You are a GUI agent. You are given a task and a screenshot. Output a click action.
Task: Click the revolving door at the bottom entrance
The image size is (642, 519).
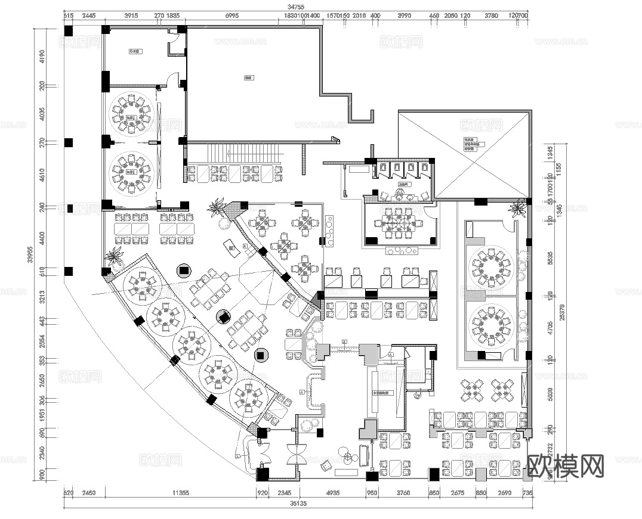(297, 455)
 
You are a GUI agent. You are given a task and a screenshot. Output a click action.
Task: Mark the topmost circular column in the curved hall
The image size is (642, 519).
(184, 271)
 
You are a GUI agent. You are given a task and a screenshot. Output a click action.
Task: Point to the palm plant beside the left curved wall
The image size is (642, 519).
(113, 257)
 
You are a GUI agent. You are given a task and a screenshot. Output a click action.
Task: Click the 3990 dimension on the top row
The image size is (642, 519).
(404, 15)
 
